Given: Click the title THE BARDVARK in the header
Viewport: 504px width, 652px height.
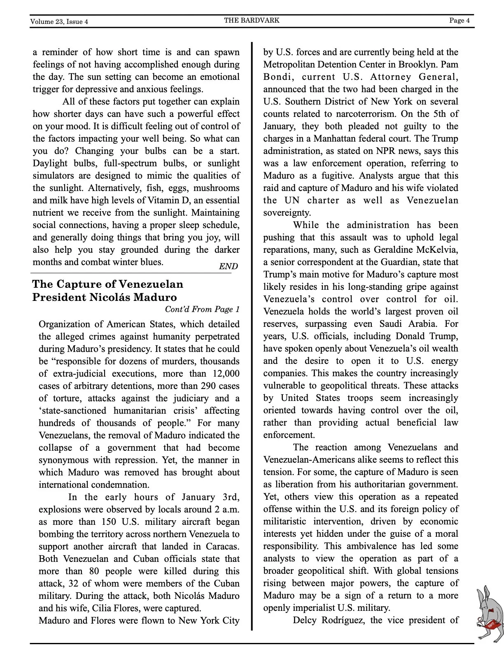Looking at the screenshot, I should (252, 20).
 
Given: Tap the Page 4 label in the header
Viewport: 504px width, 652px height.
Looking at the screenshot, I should (459, 21).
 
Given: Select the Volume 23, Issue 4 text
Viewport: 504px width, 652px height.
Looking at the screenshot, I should (59, 22).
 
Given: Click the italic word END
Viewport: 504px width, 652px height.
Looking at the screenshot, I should (228, 266).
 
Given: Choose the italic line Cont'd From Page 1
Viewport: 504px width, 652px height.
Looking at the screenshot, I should (202, 309).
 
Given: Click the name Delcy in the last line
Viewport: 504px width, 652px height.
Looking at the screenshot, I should (304, 620).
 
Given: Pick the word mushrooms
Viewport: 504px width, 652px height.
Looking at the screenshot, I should (216, 188).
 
